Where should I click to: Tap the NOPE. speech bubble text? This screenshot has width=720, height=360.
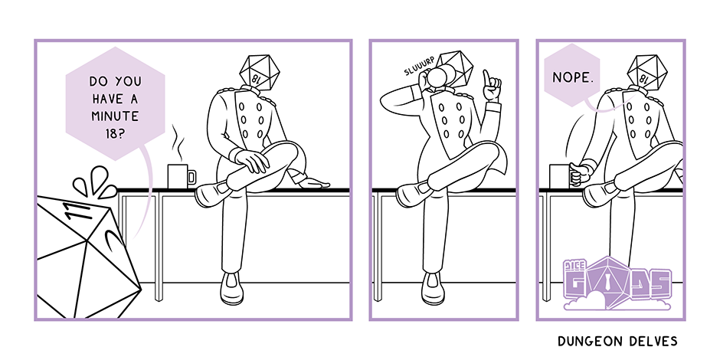pos(573,77)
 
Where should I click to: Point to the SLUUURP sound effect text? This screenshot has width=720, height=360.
pos(419,67)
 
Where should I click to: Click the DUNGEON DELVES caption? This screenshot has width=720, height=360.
pos(617,341)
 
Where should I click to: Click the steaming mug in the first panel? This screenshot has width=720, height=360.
pos(182,176)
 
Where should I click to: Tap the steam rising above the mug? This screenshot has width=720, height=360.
pos(177,140)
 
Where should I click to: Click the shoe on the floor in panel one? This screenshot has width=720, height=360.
pos(231,288)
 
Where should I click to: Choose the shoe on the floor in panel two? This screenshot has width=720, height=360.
pos(433,288)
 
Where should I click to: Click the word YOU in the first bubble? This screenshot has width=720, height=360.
pos(129,81)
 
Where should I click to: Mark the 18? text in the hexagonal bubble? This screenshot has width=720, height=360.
pos(115,133)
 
